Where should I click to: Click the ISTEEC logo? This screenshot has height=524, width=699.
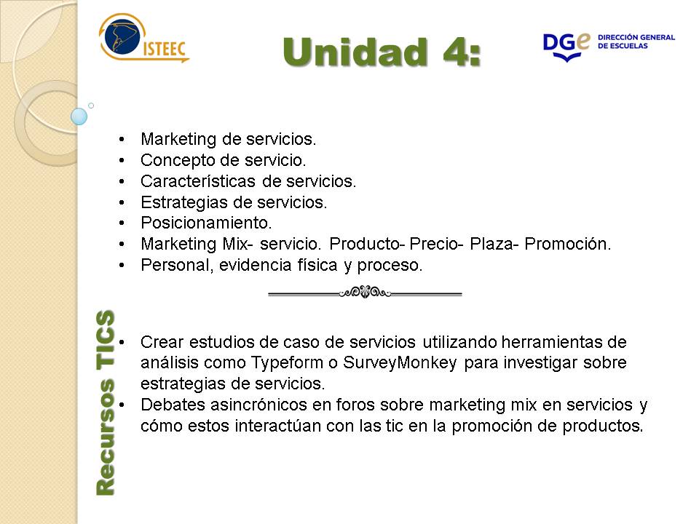[144, 38]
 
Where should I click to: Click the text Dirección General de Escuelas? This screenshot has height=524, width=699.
[636, 41]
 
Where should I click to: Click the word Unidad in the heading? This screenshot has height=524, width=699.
[355, 52]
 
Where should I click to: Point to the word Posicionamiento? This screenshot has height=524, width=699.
[206, 223]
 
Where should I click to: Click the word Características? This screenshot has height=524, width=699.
[198, 181]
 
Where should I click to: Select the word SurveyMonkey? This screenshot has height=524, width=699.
[400, 363]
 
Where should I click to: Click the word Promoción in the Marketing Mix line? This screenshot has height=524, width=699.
[567, 244]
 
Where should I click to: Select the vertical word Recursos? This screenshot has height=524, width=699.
[106, 437]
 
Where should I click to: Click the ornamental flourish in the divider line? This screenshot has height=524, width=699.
[365, 293]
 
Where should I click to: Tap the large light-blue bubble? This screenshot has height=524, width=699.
[79, 116]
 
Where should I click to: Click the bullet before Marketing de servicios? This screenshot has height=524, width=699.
[122, 140]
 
